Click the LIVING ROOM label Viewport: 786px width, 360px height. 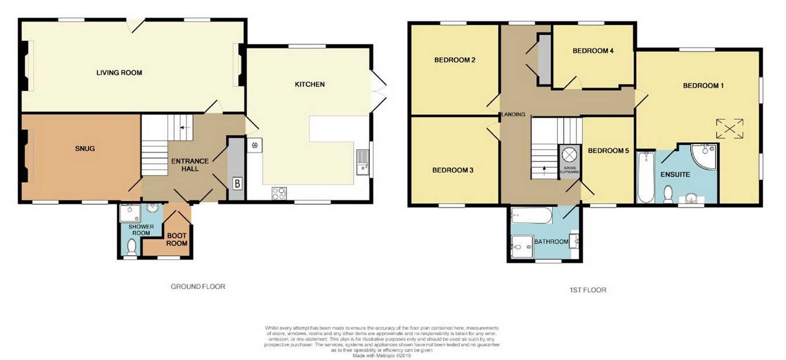[119, 73]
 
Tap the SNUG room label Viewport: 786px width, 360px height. [84, 149]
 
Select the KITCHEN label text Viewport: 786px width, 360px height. [309, 84]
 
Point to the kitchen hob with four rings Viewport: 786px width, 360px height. [279, 193]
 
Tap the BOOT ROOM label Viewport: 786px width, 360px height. [177, 239]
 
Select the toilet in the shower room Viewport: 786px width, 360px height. [132, 248]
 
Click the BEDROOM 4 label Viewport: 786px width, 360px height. [593, 51]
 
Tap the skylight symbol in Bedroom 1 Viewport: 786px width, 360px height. [730, 128]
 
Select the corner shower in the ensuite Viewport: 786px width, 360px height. [704, 156]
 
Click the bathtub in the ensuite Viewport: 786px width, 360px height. [646, 177]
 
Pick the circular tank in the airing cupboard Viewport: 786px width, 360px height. [568, 155]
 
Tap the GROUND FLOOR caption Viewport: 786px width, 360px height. [197, 287]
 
